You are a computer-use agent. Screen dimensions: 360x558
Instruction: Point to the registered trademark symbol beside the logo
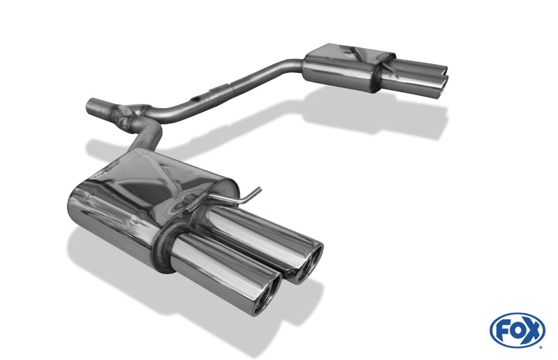coord(541,347)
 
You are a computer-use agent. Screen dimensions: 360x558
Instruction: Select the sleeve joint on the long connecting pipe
coord(223,88)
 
